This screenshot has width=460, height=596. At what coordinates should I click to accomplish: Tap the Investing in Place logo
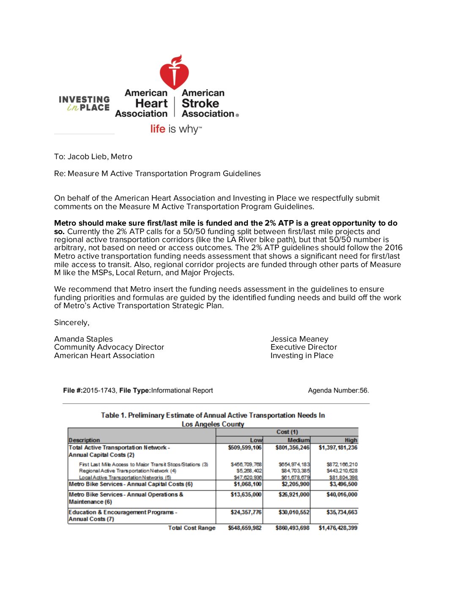click(84, 103)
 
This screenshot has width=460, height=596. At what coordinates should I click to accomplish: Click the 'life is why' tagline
click(176, 129)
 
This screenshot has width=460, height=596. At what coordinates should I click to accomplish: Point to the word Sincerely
click(71, 323)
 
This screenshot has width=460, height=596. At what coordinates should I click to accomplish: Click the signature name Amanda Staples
click(83, 339)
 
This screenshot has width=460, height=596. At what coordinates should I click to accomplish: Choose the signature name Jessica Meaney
click(299, 339)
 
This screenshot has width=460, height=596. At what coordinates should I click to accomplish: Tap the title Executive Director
click(304, 347)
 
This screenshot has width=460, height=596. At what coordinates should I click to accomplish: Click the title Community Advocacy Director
click(109, 347)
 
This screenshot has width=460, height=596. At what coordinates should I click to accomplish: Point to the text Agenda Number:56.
click(338, 390)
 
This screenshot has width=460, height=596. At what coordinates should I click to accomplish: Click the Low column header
click(256, 440)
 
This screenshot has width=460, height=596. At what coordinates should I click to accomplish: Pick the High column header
click(350, 440)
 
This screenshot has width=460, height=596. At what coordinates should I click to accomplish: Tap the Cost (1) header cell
click(287, 432)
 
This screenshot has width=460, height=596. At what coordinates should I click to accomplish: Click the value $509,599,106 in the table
click(245, 447)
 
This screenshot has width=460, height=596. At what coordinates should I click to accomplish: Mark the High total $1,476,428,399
click(338, 528)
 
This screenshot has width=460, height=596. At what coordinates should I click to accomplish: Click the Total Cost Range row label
click(192, 528)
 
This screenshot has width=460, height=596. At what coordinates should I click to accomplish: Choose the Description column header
click(84, 440)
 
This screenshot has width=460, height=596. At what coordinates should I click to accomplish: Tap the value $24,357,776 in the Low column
click(246, 512)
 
